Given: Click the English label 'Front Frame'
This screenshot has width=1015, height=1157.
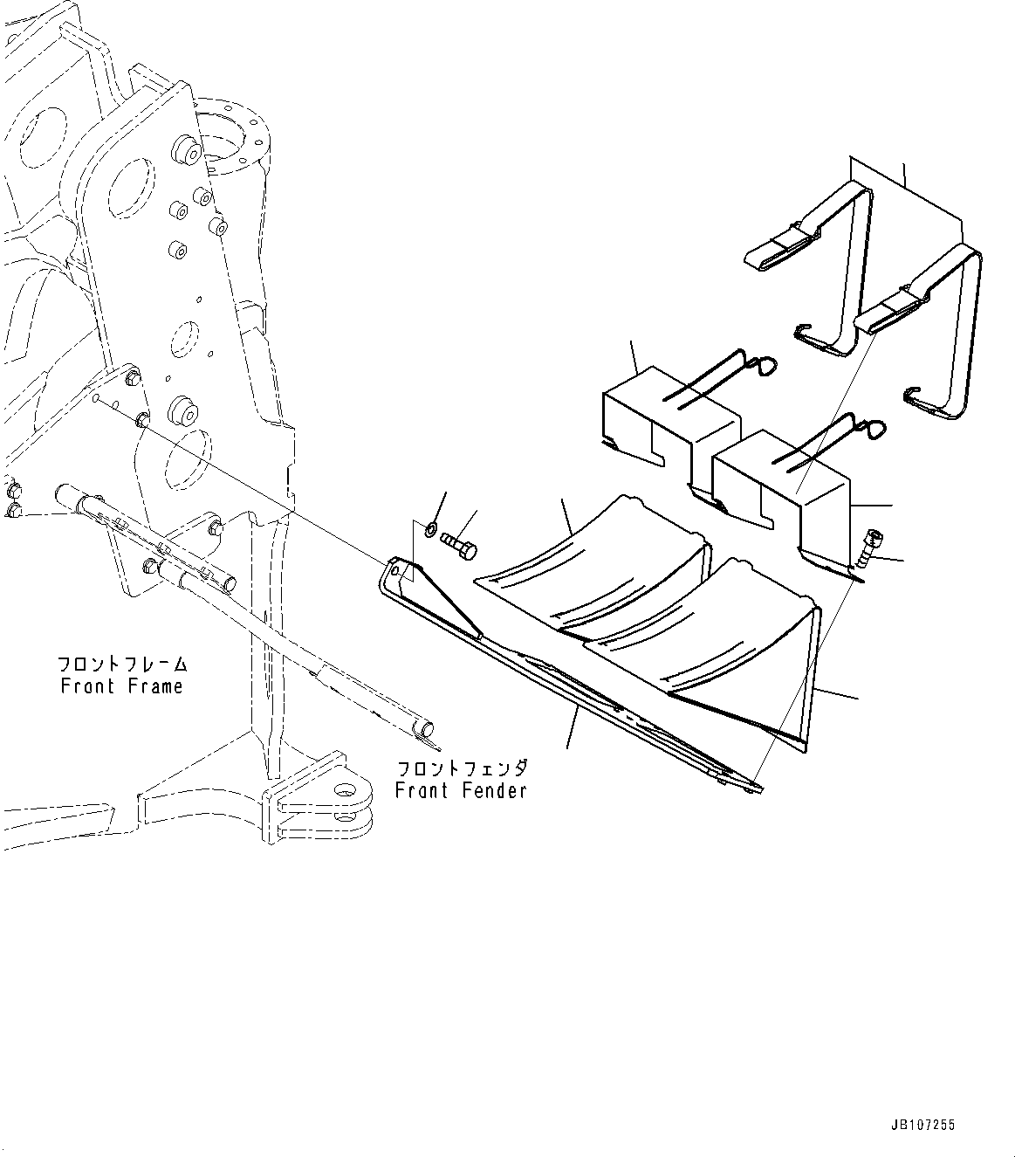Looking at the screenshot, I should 122,686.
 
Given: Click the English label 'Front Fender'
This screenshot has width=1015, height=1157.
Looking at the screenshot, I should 461,791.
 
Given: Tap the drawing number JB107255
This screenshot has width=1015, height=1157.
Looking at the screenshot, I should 923,1126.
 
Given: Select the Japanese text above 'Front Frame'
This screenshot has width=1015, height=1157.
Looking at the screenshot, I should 122,665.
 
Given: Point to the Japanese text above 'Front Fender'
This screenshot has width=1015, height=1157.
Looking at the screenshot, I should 462,769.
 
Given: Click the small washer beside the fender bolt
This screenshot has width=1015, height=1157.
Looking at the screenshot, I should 432,530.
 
